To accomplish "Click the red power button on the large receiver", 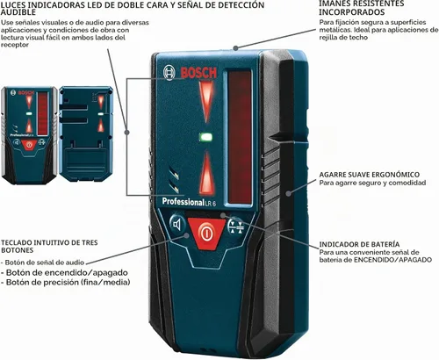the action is click(x=206, y=233).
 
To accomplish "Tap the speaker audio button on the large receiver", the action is click(x=177, y=225).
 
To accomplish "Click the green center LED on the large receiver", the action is click(x=205, y=137).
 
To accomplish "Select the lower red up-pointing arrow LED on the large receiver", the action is click(x=206, y=174).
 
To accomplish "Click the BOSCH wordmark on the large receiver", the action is click(x=198, y=73).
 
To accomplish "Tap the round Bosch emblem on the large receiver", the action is click(x=169, y=72).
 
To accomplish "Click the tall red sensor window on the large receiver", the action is click(x=240, y=137).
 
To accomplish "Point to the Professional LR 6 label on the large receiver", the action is click(x=189, y=202).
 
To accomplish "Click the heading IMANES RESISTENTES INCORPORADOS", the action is click(x=362, y=8).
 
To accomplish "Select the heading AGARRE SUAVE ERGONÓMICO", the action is click(x=370, y=175).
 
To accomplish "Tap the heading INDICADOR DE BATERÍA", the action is click(x=359, y=244).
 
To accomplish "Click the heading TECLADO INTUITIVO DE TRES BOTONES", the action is click(x=49, y=246).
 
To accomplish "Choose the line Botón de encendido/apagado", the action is click(x=64, y=272).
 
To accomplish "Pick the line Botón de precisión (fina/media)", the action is click(x=66, y=282).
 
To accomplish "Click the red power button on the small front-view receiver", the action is click(x=29, y=145).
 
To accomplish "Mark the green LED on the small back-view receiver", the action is click(x=101, y=113).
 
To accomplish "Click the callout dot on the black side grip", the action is click(x=289, y=193).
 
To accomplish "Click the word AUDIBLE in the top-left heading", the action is click(x=18, y=12).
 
